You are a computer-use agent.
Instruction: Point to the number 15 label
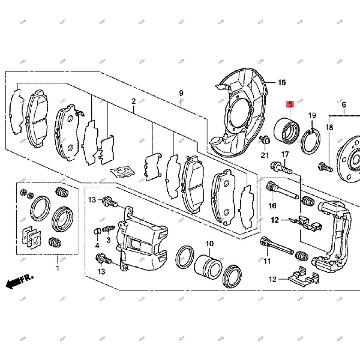pos(282,82)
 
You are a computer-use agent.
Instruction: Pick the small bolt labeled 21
pos(264,139)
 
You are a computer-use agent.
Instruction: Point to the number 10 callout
pos(209,244)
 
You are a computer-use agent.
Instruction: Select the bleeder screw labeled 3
pos(108,229)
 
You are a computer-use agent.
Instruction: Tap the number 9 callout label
pos(181,93)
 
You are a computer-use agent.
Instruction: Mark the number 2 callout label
pos(134,102)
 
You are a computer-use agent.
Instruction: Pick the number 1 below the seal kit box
pos(57,269)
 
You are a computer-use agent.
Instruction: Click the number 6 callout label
pos(344,105)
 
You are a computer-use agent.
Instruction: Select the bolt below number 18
pos(324,167)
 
